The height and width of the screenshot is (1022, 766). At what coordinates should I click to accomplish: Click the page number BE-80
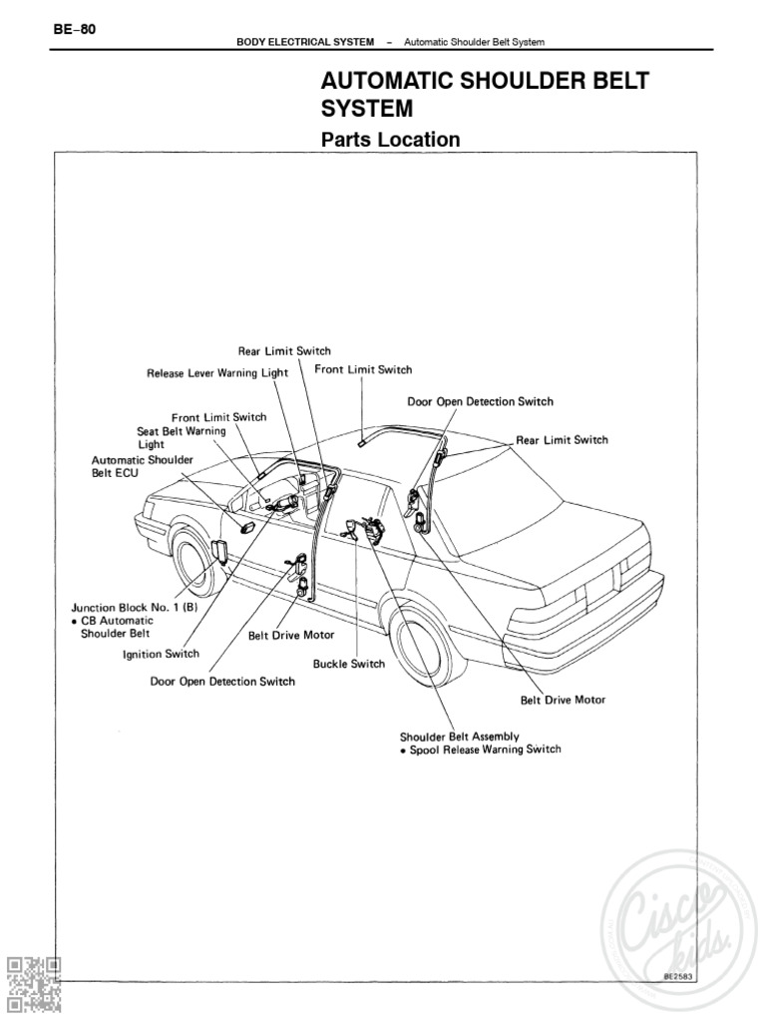[75, 28]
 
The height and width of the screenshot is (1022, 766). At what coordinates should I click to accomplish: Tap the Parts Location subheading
[390, 140]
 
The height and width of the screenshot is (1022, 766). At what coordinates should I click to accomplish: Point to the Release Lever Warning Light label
[216, 373]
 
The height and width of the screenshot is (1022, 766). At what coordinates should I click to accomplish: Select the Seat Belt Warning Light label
[182, 437]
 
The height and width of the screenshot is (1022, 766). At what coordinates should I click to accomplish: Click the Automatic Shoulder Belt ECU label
[131, 467]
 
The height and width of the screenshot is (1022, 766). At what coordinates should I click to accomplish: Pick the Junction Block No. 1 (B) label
[121, 606]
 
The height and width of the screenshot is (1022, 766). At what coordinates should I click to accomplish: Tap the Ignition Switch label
[161, 655]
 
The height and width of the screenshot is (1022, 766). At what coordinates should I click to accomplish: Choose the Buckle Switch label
[348, 664]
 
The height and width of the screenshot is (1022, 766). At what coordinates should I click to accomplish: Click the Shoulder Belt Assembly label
[459, 737]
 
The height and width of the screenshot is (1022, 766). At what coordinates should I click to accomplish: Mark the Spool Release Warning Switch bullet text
[480, 750]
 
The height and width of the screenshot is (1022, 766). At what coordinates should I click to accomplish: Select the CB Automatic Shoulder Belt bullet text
[117, 627]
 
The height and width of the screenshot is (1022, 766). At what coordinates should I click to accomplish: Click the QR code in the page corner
[34, 983]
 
